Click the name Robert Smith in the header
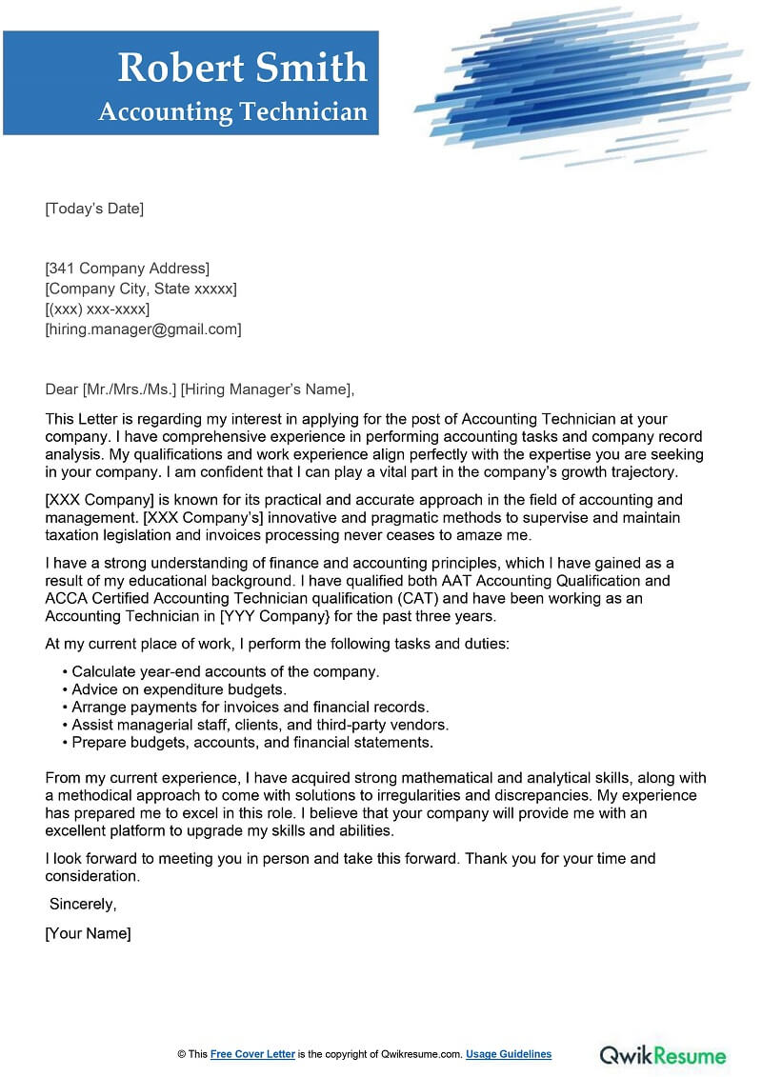click(x=242, y=68)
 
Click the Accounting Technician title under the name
click(x=232, y=112)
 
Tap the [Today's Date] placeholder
click(x=94, y=209)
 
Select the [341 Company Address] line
click(x=128, y=268)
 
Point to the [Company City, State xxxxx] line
click(x=141, y=289)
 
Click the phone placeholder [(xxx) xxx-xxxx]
click(x=97, y=309)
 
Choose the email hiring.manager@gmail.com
click(x=143, y=329)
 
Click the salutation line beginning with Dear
click(x=199, y=389)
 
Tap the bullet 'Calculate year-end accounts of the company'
click(x=225, y=671)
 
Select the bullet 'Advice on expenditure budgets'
click(x=179, y=689)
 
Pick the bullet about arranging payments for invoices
click(x=251, y=707)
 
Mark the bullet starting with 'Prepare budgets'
click(x=252, y=742)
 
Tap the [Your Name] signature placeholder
click(x=88, y=934)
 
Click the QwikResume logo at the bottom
click(x=662, y=1055)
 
